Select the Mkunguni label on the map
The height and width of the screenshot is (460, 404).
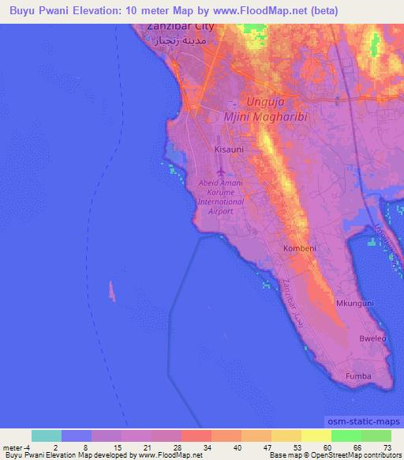(x=352, y=303)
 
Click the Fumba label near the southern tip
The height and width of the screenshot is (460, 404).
(x=357, y=375)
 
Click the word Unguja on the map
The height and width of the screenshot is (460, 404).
(x=266, y=102)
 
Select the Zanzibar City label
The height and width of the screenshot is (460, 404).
(x=180, y=26)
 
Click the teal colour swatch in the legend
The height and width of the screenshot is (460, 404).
(x=46, y=435)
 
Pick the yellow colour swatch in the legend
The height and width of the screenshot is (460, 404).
(x=316, y=435)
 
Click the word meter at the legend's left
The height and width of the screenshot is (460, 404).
(x=13, y=447)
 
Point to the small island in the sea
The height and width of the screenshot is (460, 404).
(x=112, y=292)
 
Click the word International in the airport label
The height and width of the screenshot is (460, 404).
(x=222, y=202)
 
